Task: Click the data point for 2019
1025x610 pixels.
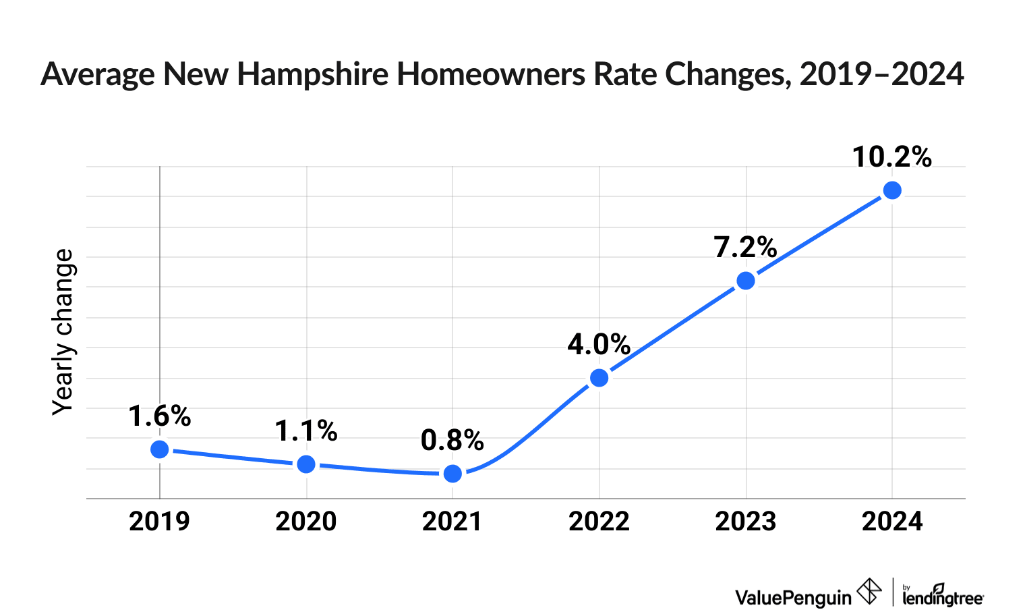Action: [x=160, y=449]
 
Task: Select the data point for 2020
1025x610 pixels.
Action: [x=306, y=464]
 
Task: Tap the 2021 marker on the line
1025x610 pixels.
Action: [x=453, y=474]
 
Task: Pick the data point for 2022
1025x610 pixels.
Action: [x=599, y=378]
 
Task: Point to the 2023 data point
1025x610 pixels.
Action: [x=746, y=281]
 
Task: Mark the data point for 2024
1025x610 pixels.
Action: [x=892, y=190]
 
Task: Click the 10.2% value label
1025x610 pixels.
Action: [x=891, y=157]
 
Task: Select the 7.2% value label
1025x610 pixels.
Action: [x=746, y=248]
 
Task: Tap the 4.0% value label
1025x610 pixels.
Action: [x=599, y=345]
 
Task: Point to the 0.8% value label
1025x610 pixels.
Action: [x=452, y=441]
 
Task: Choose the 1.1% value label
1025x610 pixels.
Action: [x=306, y=431]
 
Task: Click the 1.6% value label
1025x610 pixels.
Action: [x=160, y=416]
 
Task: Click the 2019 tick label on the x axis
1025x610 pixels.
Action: [x=160, y=522]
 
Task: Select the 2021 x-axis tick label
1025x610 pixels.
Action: [x=452, y=522]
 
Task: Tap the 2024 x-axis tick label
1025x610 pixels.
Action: [x=892, y=522]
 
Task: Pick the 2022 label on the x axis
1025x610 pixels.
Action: [x=599, y=522]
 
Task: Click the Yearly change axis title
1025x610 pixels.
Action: [x=63, y=332]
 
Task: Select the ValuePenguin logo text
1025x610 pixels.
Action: [x=793, y=597]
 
